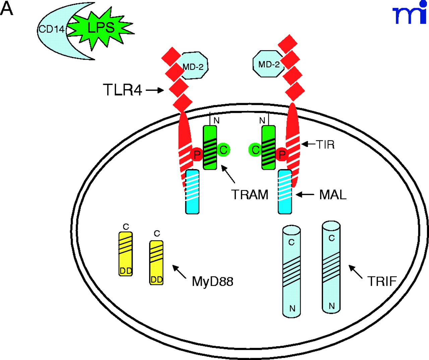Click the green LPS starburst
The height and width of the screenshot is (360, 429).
[x=101, y=28]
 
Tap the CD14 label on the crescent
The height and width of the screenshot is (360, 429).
[x=51, y=29]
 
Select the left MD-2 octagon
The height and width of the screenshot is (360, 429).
[x=194, y=66]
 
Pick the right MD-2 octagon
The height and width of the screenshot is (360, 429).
[x=268, y=64]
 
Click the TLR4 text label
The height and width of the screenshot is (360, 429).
[x=123, y=90]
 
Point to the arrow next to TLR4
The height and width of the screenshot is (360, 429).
[x=155, y=90]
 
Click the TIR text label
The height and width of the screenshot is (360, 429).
[x=325, y=145]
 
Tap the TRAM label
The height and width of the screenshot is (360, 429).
[x=250, y=195]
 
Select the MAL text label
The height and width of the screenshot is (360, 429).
[x=332, y=195]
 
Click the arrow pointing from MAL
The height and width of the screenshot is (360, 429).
[x=305, y=194]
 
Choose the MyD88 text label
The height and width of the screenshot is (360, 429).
[x=212, y=281]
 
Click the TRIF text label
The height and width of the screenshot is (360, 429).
[x=382, y=281]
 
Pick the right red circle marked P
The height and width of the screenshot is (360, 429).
[x=282, y=155]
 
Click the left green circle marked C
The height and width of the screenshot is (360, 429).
[x=224, y=150]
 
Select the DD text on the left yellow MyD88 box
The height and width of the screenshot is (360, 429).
[x=126, y=271]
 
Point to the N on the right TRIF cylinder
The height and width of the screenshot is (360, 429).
[x=331, y=306]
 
